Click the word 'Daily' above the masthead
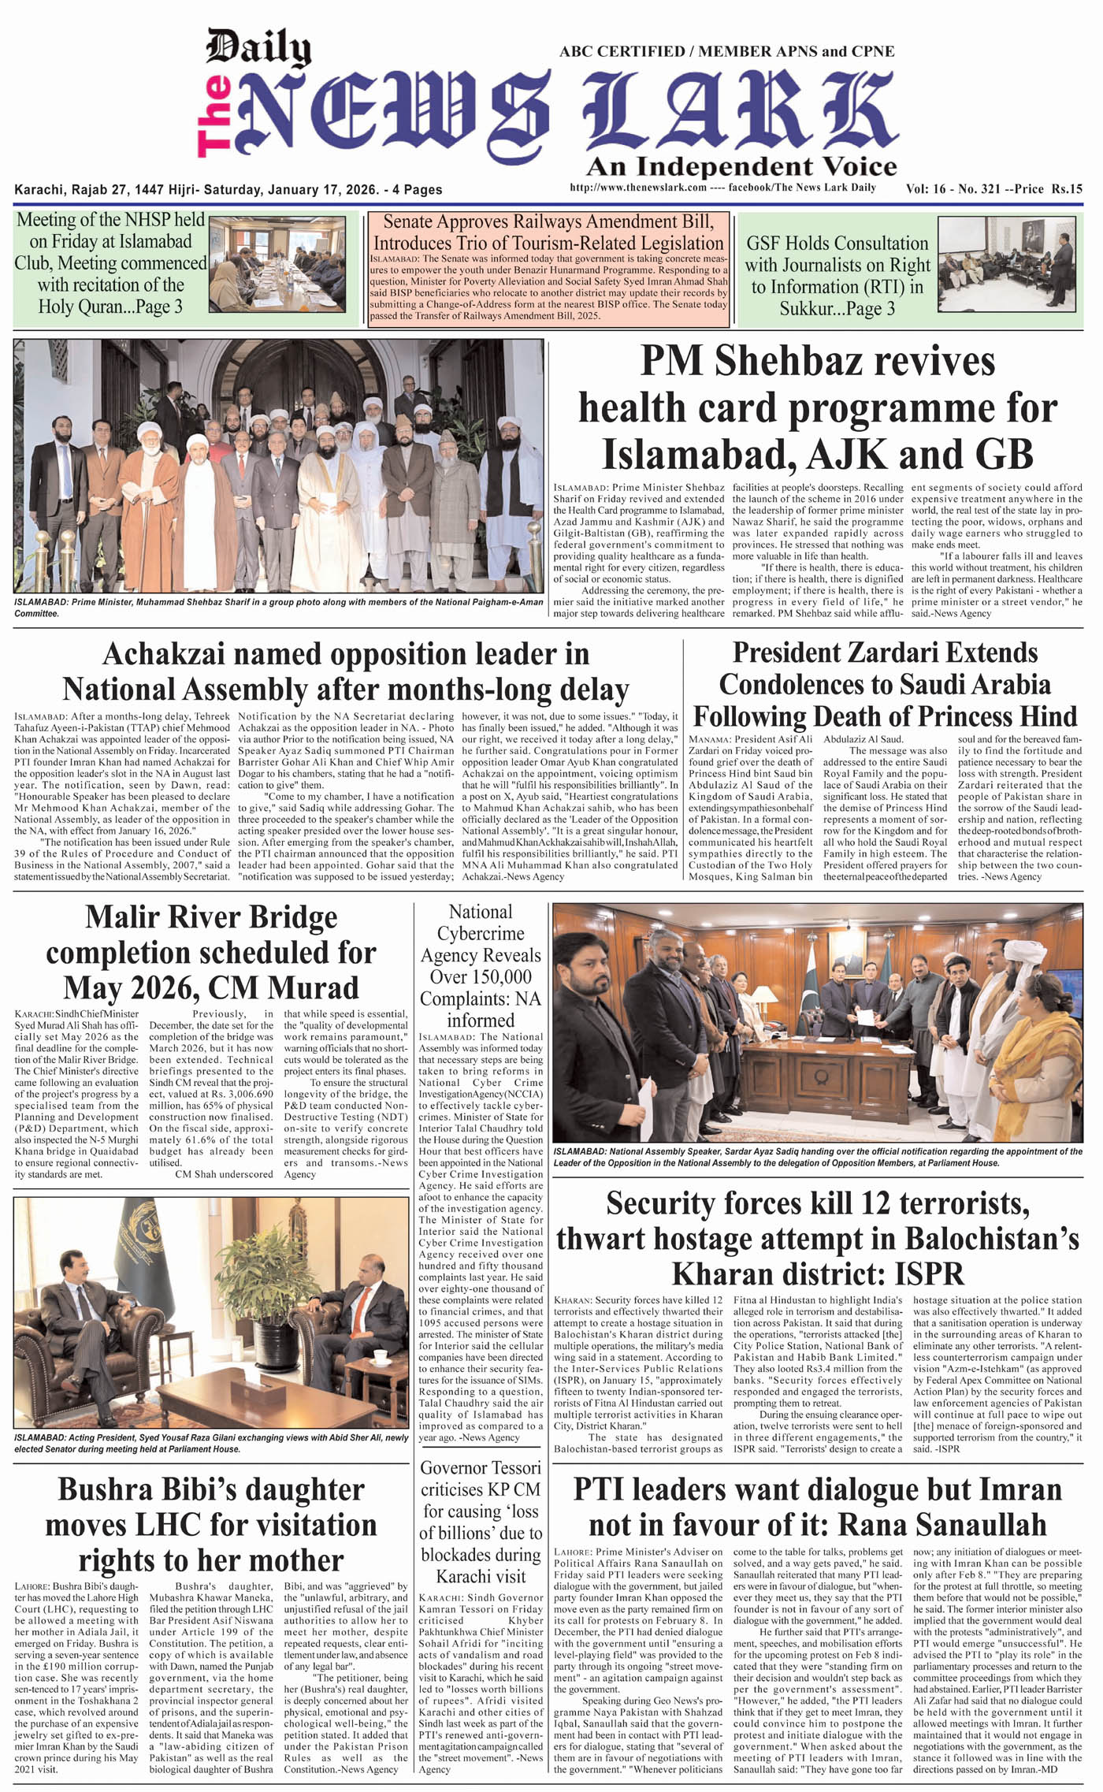pos(258,49)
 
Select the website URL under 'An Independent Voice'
pos(637,188)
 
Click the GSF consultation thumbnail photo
pos(1010,264)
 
